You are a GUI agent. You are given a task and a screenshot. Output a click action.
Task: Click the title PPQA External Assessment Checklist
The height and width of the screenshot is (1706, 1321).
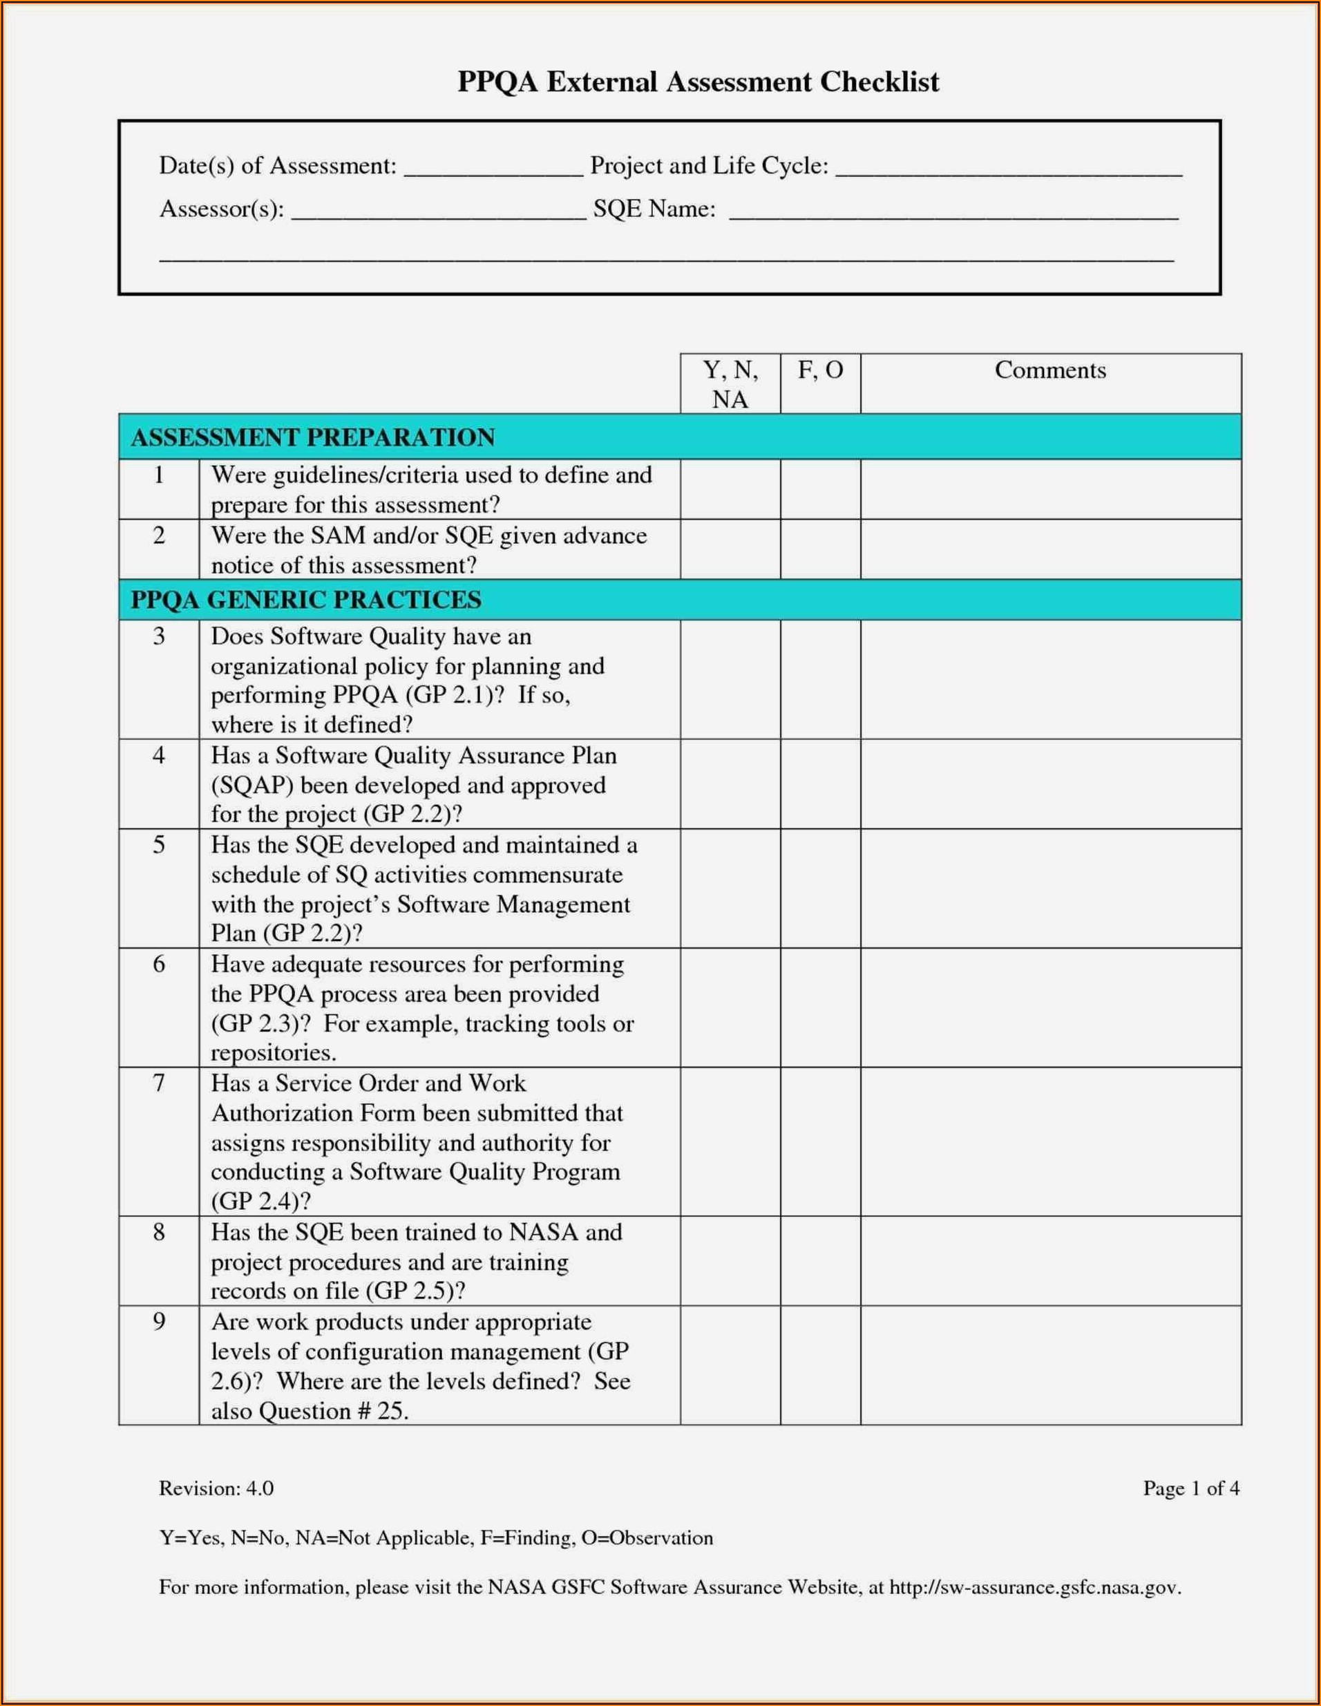(698, 82)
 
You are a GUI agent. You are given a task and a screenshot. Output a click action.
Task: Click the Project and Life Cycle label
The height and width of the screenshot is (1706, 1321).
(709, 166)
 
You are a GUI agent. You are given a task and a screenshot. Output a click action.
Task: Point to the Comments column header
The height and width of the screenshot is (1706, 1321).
(1050, 370)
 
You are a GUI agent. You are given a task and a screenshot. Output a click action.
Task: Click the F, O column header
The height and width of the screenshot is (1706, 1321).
(820, 370)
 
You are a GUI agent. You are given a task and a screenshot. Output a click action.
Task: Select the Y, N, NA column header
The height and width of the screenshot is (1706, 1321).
(730, 383)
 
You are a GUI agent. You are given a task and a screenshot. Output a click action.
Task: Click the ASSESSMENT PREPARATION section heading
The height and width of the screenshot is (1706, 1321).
(312, 437)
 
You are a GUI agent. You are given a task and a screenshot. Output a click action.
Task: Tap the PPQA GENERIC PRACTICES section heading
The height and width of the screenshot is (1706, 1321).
(305, 600)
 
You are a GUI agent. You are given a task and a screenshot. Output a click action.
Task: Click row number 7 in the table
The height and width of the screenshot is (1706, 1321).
(159, 1083)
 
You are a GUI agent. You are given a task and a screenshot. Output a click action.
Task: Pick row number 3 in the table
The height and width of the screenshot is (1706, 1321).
(159, 636)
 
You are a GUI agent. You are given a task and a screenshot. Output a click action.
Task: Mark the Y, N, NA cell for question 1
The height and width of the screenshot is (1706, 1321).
(730, 490)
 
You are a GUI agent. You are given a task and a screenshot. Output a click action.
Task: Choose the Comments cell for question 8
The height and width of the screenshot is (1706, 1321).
(1050, 1262)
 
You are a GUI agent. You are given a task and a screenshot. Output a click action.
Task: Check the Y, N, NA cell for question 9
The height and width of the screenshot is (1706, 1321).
(730, 1366)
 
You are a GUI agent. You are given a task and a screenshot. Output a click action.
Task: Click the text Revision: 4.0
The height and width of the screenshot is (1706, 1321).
(216, 1488)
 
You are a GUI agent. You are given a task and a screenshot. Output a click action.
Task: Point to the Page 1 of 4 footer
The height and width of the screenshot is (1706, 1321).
(1190, 1488)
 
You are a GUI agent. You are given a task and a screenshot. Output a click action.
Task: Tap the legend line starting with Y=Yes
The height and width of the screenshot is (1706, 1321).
(436, 1537)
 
